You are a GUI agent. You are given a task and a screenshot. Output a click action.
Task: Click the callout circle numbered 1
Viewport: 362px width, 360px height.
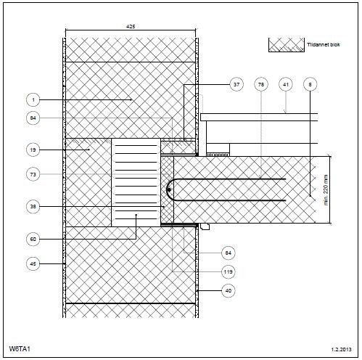pyautogui.click(x=33, y=99)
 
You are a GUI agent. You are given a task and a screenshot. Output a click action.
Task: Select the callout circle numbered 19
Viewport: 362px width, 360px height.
pyautogui.click(x=33, y=150)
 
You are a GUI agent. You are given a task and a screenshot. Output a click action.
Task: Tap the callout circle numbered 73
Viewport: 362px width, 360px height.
pyautogui.click(x=33, y=174)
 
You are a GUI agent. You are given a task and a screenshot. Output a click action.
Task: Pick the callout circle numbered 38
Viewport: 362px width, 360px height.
pyautogui.click(x=33, y=207)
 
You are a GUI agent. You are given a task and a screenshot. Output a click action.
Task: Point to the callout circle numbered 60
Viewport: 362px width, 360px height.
pyautogui.click(x=33, y=240)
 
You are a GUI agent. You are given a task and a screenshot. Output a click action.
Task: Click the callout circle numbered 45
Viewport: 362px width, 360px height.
pyautogui.click(x=33, y=263)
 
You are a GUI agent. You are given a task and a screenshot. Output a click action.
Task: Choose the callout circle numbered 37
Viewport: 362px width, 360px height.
pyautogui.click(x=236, y=84)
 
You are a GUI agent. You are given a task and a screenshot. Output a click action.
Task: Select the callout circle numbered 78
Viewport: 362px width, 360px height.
pyautogui.click(x=261, y=84)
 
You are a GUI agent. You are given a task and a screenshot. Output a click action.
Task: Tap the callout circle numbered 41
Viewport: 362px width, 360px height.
pyautogui.click(x=286, y=84)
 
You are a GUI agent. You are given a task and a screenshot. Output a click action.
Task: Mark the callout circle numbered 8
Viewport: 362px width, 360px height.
pyautogui.click(x=310, y=84)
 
